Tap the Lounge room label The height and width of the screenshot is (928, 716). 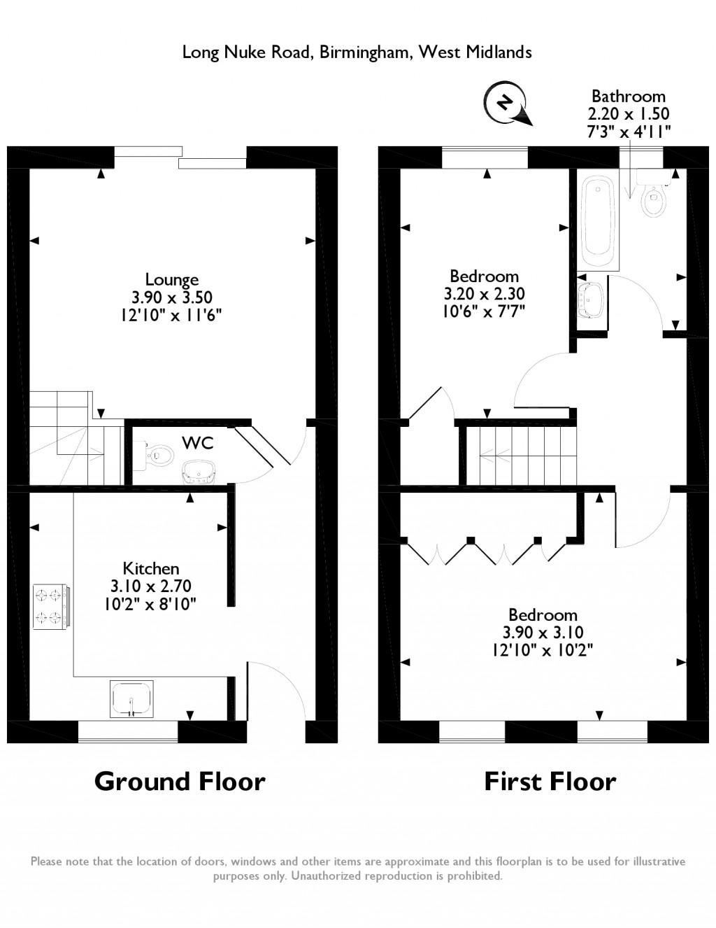[x=172, y=279]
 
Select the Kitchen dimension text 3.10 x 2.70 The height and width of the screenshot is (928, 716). [x=150, y=586]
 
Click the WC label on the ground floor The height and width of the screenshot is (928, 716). [x=198, y=443]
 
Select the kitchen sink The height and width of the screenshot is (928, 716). [x=131, y=698]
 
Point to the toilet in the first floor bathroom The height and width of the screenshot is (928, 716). [x=653, y=193]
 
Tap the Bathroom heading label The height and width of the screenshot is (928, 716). [x=628, y=97]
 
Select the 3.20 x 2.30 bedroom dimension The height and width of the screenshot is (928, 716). [x=485, y=294]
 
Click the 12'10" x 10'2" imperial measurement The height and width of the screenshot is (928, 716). [x=543, y=650]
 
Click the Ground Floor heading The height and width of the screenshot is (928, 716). [x=180, y=782]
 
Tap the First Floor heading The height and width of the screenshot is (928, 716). [x=550, y=782]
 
